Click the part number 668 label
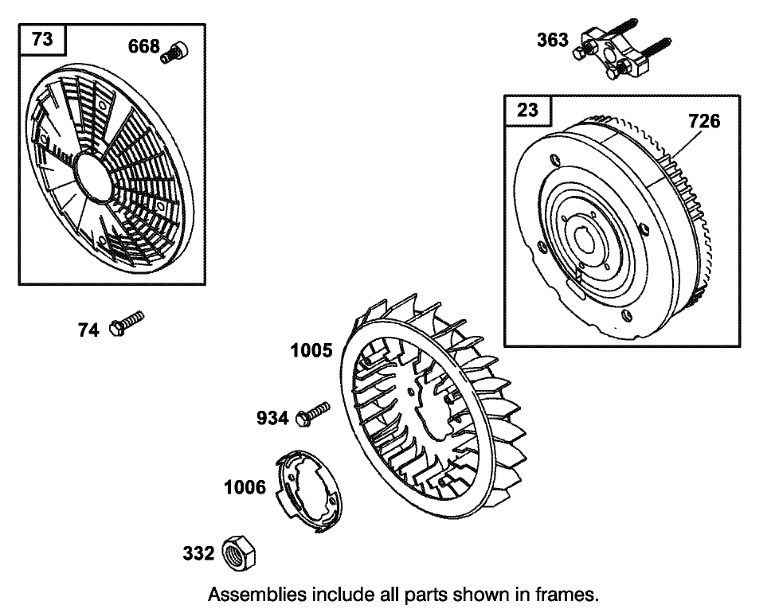tap(143, 46)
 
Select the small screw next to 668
tap(174, 52)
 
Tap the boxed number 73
tap(42, 39)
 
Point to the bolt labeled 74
tap(126, 323)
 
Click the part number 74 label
tap(88, 330)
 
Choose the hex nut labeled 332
tap(238, 553)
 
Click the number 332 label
tap(198, 553)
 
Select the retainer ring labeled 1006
tap(308, 491)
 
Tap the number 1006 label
tap(245, 487)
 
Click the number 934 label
tap(272, 418)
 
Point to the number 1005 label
tap(311, 350)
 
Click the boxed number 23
tap(527, 110)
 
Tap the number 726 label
tap(704, 121)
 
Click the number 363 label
tap(553, 40)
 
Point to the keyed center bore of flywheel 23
tap(585, 238)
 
